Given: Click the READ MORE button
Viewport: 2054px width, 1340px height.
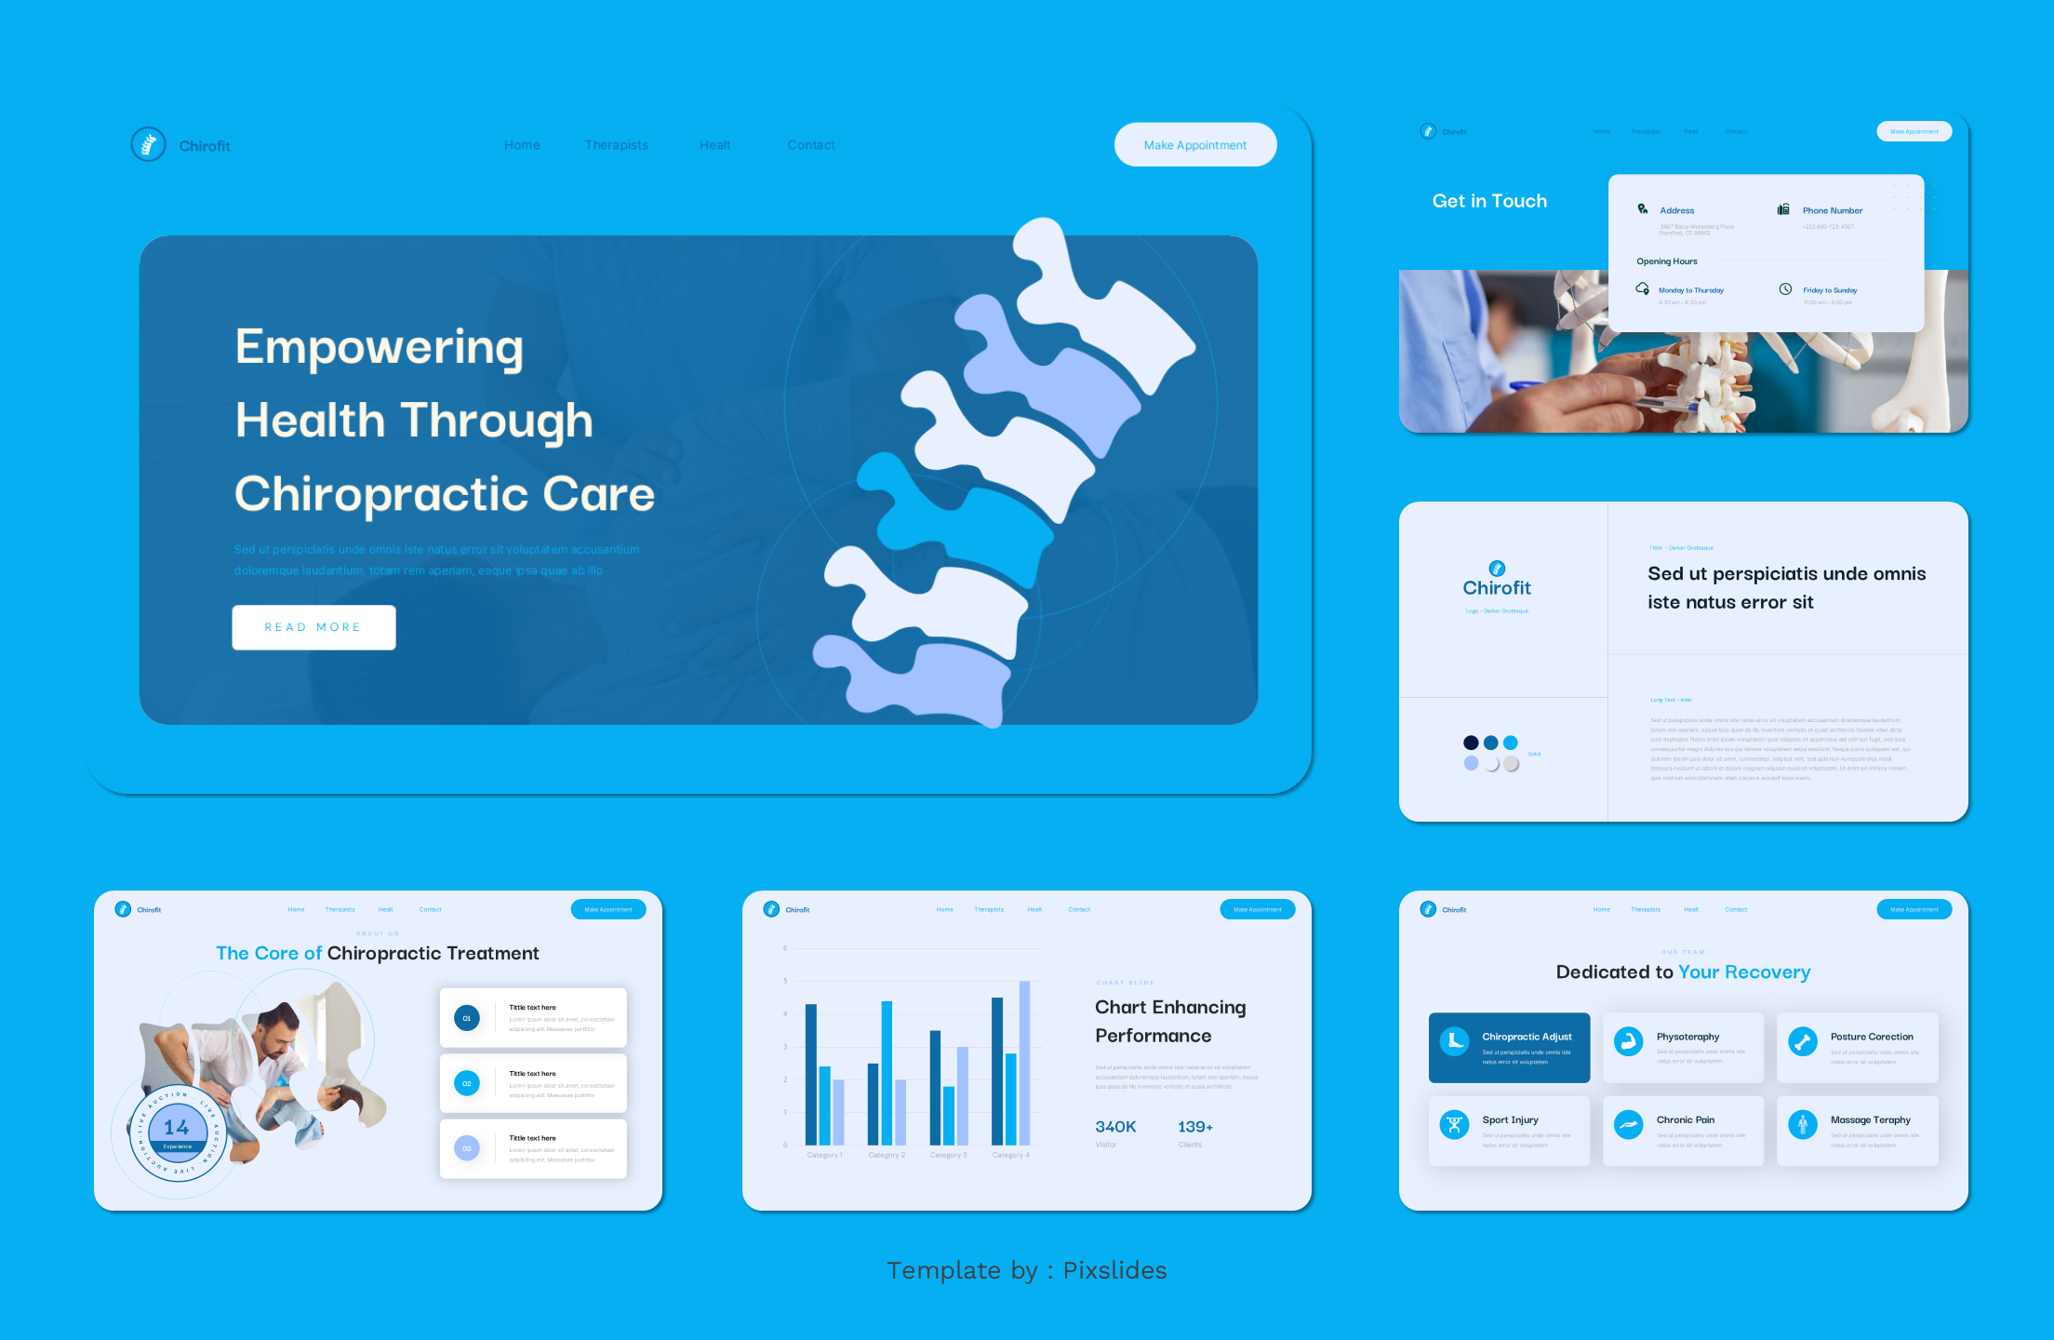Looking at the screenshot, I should pyautogui.click(x=313, y=627).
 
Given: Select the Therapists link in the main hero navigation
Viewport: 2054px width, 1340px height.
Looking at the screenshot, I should pyautogui.click(x=616, y=145).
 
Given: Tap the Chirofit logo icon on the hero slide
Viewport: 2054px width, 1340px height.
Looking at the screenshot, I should pyautogui.click(x=148, y=144).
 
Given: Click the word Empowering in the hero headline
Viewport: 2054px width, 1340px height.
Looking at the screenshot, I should pyautogui.click(x=379, y=347).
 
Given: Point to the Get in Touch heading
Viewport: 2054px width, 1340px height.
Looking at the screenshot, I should pyautogui.click(x=1489, y=201).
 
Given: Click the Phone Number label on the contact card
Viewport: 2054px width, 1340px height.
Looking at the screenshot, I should pyautogui.click(x=1832, y=211).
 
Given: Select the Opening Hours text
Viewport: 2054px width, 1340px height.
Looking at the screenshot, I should pyautogui.click(x=1667, y=261).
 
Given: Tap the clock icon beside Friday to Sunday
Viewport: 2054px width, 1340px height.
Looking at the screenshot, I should pyautogui.click(x=1785, y=289).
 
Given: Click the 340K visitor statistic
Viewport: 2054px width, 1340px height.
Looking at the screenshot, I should pyautogui.click(x=1115, y=1127).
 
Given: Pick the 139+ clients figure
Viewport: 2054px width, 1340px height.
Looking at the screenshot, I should pyautogui.click(x=1195, y=1127).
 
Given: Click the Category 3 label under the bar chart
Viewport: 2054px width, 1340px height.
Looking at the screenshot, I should pyautogui.click(x=948, y=1155).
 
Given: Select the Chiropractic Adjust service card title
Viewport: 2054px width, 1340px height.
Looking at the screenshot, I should pyautogui.click(x=1527, y=1037).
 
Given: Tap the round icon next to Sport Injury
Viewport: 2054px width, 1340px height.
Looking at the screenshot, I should pyautogui.click(x=1454, y=1124).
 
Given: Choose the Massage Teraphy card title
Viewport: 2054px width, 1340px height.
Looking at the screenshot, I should pyautogui.click(x=1870, y=1120).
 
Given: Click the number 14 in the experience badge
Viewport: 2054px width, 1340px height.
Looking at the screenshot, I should pyautogui.click(x=177, y=1128).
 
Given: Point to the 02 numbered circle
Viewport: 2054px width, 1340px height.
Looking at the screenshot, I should pyautogui.click(x=467, y=1083).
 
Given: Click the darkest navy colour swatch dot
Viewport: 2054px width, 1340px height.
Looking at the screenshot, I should pyautogui.click(x=1471, y=743).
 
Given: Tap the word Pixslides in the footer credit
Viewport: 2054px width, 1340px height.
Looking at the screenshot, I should pyautogui.click(x=1114, y=1271).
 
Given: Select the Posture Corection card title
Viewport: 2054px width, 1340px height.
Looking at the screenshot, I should pyautogui.click(x=1872, y=1037).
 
